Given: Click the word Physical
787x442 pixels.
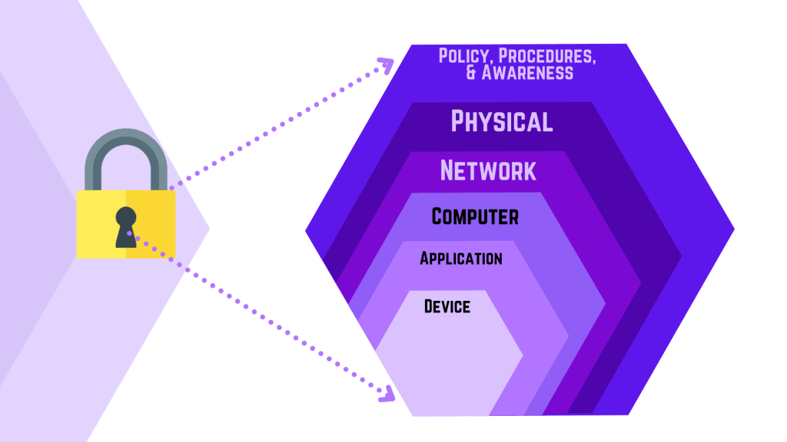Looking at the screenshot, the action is [x=501, y=121].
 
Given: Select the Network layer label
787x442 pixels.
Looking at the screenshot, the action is [x=488, y=170].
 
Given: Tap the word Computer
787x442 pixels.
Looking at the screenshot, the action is [x=475, y=216].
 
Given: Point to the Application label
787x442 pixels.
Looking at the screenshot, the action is [x=461, y=258].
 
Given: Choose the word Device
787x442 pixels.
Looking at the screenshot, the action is [x=447, y=306].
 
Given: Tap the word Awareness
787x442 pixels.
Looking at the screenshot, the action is [x=527, y=73].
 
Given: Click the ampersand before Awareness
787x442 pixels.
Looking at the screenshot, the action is [x=471, y=73].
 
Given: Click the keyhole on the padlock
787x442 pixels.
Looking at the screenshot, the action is [x=125, y=227].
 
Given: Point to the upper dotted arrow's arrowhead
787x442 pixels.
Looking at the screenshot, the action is [x=387, y=65].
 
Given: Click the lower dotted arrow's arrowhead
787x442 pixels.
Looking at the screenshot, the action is [x=387, y=394].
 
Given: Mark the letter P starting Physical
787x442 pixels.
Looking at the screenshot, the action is [x=457, y=121].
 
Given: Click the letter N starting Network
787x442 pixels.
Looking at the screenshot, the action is [x=448, y=170].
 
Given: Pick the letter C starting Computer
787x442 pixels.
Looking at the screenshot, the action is [x=437, y=216].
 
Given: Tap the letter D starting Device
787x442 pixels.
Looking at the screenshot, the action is [x=429, y=306].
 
